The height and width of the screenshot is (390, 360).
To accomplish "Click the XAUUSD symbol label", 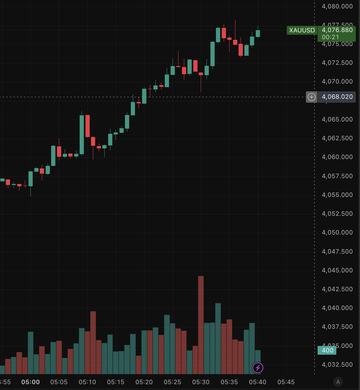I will click(x=302, y=30).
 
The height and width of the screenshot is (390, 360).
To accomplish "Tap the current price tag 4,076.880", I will click(x=337, y=30).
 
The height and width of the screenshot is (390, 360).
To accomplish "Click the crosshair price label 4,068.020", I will click(x=337, y=97).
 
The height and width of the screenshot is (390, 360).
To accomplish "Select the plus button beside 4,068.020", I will click(x=311, y=97).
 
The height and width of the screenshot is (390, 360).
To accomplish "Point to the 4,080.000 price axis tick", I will click(x=337, y=6).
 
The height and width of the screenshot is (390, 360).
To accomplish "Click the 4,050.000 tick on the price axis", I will click(x=337, y=232).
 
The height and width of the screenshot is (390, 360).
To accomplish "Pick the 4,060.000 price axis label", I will click(x=337, y=157).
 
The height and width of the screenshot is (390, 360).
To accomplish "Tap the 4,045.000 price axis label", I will click(x=337, y=270).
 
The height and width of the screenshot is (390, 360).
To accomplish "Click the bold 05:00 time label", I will click(x=31, y=382).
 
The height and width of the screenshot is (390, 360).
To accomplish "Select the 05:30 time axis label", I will click(x=200, y=382).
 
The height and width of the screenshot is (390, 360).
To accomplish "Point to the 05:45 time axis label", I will click(x=286, y=382).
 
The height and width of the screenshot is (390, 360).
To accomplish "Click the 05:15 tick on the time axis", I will click(x=115, y=382).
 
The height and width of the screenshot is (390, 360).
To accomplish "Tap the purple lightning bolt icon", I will click(x=258, y=368).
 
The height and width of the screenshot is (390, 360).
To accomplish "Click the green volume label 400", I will click(x=327, y=350).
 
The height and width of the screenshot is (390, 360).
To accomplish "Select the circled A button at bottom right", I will click(x=338, y=382).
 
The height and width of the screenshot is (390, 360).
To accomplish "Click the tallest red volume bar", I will click(x=201, y=325).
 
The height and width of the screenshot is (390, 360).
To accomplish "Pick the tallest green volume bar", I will click(x=218, y=338).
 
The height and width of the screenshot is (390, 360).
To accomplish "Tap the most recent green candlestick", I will click(x=258, y=33).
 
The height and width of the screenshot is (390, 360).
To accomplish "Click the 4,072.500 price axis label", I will click(x=337, y=62).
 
